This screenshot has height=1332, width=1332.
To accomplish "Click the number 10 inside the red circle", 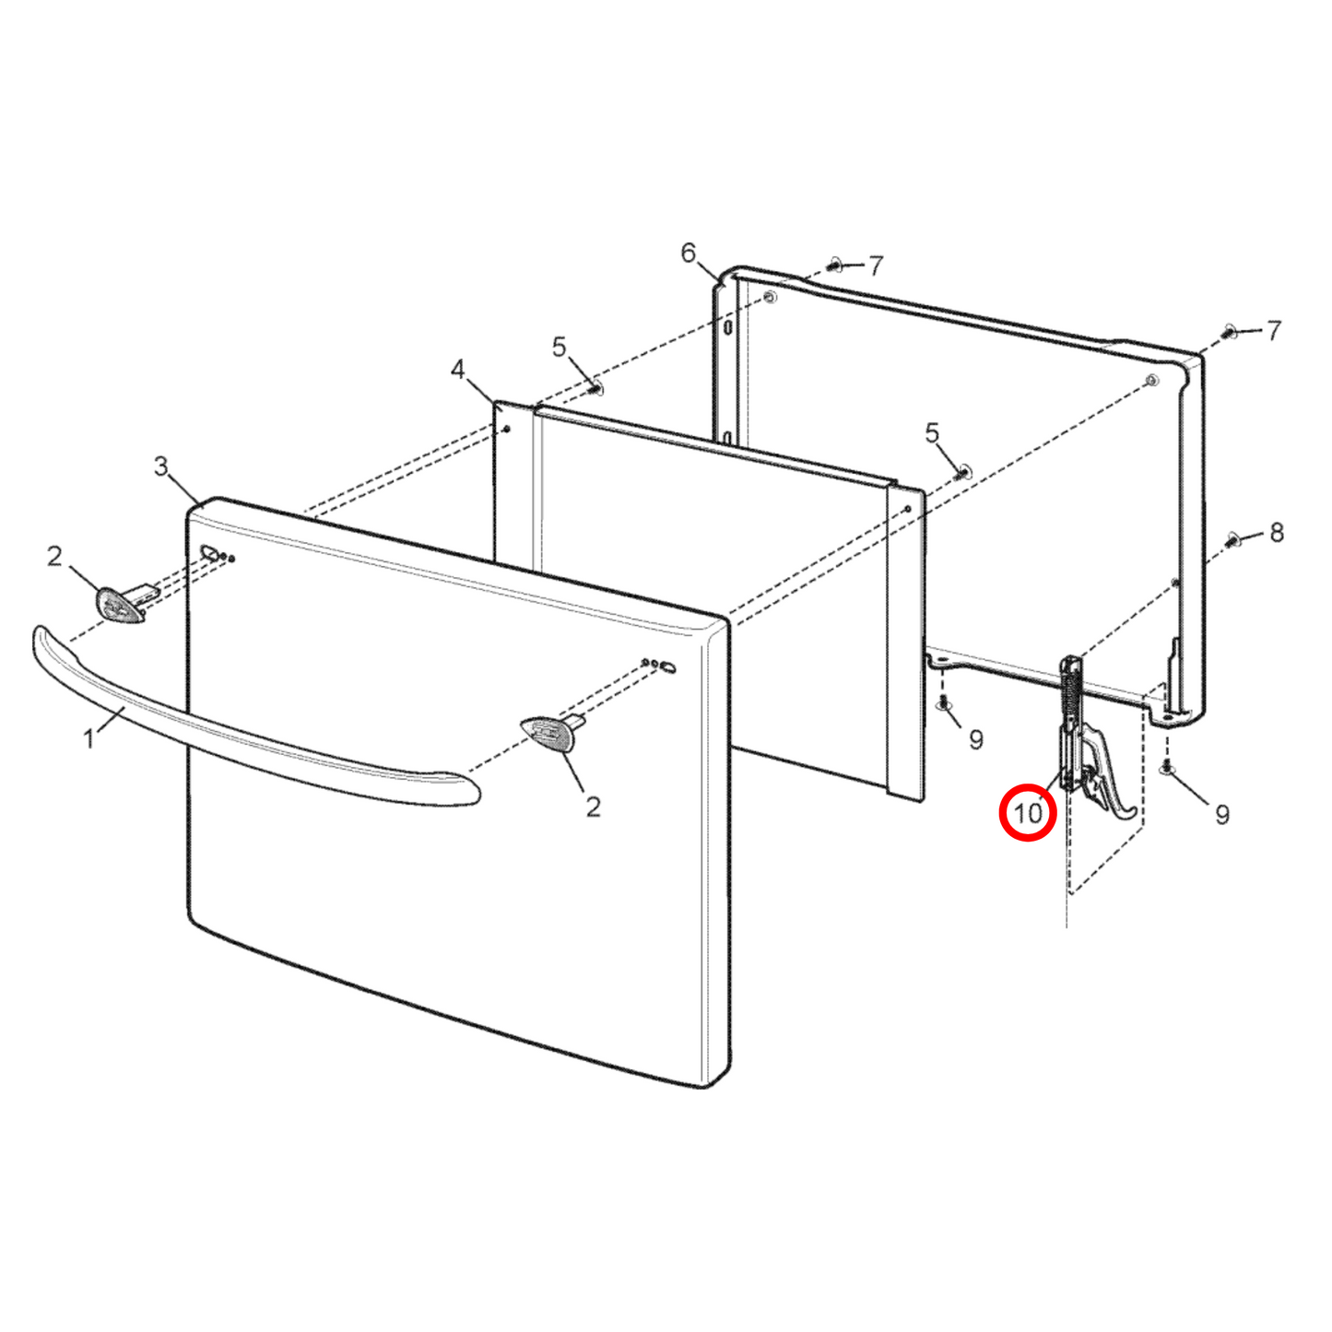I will click(1028, 813).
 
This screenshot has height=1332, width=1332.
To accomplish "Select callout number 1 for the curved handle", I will click(88, 738).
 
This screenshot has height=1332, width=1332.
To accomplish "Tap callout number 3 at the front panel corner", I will click(161, 466).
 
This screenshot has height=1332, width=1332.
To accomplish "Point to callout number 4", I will click(458, 370).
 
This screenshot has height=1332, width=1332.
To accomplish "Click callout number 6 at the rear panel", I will click(689, 253).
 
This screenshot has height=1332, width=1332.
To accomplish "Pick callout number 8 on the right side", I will click(1277, 532).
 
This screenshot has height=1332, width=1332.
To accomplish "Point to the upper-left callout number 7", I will click(875, 266).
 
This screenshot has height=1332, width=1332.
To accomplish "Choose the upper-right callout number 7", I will click(1274, 330).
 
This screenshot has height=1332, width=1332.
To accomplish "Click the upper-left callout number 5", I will click(560, 347).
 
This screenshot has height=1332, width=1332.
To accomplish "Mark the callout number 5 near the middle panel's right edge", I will click(932, 432).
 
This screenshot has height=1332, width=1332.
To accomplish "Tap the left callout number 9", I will click(976, 738).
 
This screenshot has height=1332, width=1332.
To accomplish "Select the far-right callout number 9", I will click(1222, 814).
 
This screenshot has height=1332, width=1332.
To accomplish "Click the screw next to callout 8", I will click(1234, 540).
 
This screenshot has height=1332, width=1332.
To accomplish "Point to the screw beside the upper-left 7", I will click(834, 265).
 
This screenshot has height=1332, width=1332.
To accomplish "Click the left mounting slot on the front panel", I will click(210, 553).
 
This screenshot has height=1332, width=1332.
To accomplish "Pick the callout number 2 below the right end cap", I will click(593, 807).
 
